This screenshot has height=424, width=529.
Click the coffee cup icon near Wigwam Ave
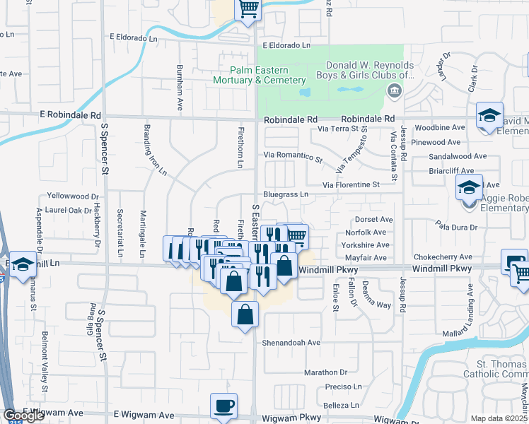[x=224, y=406]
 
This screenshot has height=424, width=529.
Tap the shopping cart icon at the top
[x=248, y=9]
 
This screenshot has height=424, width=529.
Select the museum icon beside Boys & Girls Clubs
[x=394, y=91]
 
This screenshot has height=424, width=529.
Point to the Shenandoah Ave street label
[x=292, y=342]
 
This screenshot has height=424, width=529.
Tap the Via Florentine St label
[x=351, y=184]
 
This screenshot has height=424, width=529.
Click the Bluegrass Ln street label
[x=286, y=194]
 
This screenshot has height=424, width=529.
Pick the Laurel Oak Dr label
[x=69, y=210]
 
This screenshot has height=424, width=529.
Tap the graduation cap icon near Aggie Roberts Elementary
[x=468, y=188]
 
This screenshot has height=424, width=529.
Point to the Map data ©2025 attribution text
[x=499, y=418]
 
